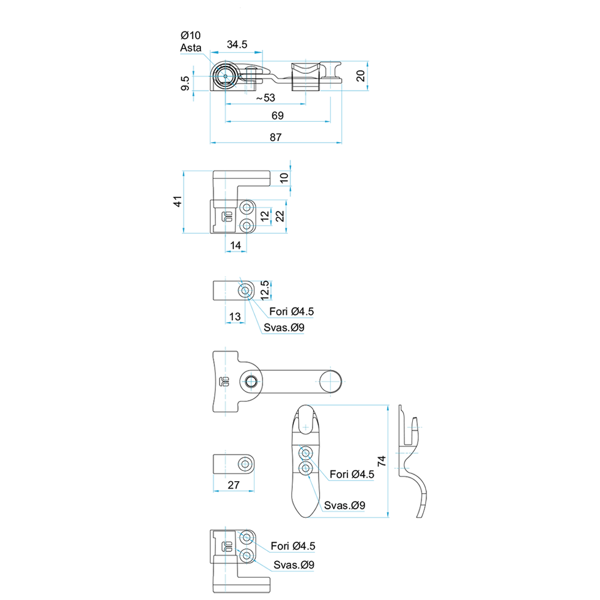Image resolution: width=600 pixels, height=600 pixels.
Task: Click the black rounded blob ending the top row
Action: click(358, 76)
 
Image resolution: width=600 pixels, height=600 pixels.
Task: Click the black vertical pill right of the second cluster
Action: click(280, 216)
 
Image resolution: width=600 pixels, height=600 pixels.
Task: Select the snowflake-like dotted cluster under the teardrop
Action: click(305, 460)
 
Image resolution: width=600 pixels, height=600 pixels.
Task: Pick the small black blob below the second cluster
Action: click(236, 244)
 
